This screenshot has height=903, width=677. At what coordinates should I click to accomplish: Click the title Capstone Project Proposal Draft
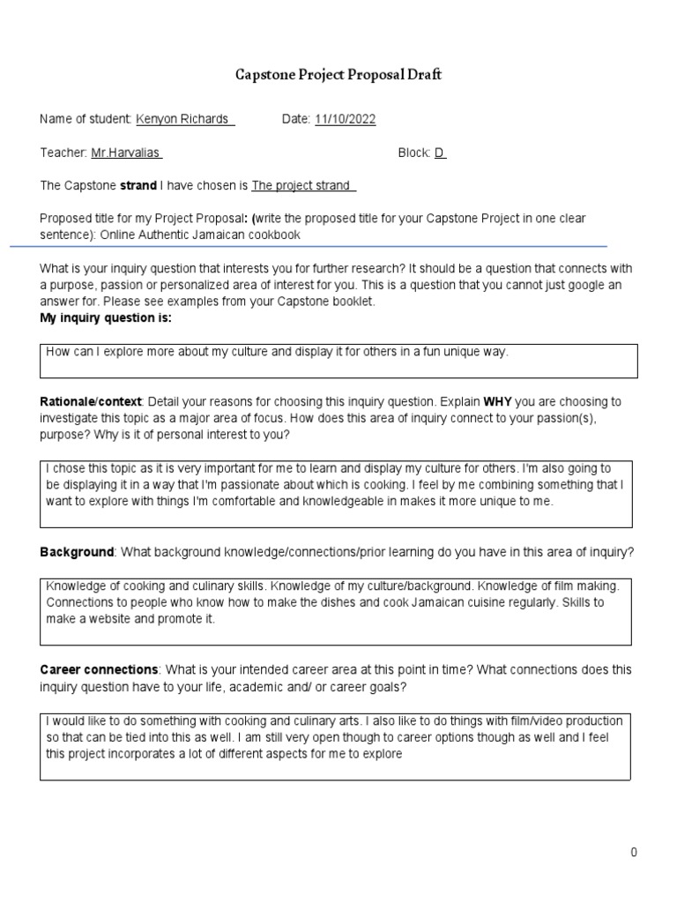pyautogui.click(x=338, y=75)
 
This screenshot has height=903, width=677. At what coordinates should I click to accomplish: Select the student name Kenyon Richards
pyautogui.click(x=184, y=119)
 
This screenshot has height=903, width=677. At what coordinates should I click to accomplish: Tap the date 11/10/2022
pyautogui.click(x=345, y=119)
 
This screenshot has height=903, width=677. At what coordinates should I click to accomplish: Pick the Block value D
pyautogui.click(x=440, y=153)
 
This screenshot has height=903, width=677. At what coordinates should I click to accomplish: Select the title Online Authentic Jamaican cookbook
pyautogui.click(x=200, y=235)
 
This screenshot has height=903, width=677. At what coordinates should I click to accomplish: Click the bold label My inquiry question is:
pyautogui.click(x=106, y=317)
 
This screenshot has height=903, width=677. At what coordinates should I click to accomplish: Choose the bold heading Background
pyautogui.click(x=77, y=552)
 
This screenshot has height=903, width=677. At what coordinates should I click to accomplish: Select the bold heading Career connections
pyautogui.click(x=99, y=670)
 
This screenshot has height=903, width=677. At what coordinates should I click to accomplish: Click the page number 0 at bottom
pyautogui.click(x=633, y=852)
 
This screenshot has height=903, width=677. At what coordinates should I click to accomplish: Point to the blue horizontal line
pyautogui.click(x=309, y=246)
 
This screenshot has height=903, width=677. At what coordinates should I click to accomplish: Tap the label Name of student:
pyautogui.click(x=86, y=119)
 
